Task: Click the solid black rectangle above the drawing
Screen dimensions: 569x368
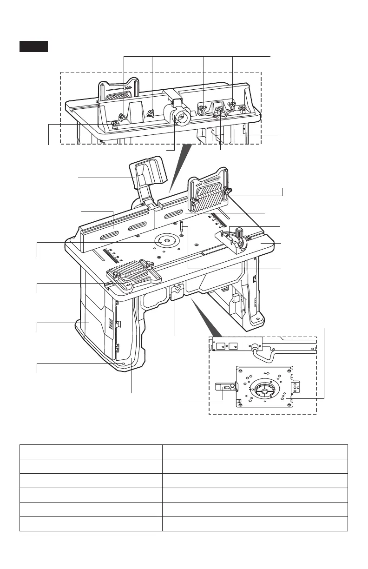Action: point(33,46)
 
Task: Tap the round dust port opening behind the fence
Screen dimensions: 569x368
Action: point(180,117)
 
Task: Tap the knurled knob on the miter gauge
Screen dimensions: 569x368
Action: point(240,231)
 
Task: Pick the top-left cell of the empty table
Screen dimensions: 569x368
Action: point(91,452)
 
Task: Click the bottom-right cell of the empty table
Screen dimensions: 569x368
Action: point(255,524)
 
